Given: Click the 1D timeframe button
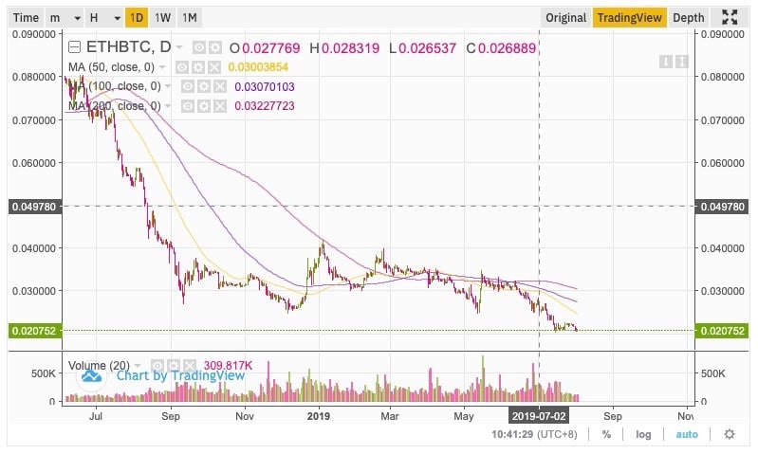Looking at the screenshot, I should pos(138,17).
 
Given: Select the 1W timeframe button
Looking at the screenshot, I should pos(163,17).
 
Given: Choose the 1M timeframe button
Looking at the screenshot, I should pos(190,17).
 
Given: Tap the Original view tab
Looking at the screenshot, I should pos(565,17).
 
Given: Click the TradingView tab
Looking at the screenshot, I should pos(628,17).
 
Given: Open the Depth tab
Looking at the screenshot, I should pos(688,17).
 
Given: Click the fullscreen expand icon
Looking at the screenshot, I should pos(730,17).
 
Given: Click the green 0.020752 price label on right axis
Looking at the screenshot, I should pos(724,331).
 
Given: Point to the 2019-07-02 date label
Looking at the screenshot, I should pos(538,415).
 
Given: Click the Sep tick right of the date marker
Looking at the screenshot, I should pos(612,415).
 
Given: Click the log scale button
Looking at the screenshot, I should pos(644,434).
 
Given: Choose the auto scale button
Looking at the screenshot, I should pos(687,434).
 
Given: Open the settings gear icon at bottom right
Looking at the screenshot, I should pos(729,434).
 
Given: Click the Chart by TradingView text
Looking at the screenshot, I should pos(180,375).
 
